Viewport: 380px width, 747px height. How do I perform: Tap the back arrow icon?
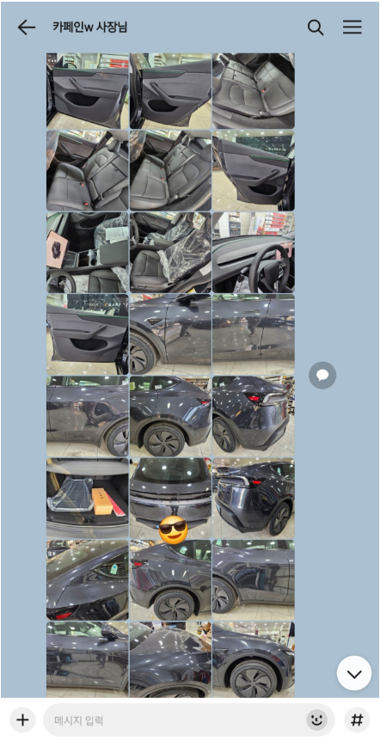26,28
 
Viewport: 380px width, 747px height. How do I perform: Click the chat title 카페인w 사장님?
89,28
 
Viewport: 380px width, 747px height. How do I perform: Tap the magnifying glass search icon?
316,28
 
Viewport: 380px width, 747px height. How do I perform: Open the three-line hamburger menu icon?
352,28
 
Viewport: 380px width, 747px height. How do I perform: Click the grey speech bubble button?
322,376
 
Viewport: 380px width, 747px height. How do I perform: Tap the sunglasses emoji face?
173,530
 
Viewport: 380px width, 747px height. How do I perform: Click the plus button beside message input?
22,719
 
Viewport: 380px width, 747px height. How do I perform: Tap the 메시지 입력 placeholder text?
78,719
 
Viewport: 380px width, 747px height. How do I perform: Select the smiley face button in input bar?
316,719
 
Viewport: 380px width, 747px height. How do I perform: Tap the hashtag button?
357,719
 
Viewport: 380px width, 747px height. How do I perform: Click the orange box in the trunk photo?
103,500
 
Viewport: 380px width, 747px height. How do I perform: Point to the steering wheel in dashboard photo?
269,268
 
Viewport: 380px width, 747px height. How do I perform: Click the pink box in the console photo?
57,250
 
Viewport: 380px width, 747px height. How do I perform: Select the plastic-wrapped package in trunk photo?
70,494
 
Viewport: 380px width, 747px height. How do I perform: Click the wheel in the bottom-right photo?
254,678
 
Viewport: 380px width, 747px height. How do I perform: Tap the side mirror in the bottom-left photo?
110,632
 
